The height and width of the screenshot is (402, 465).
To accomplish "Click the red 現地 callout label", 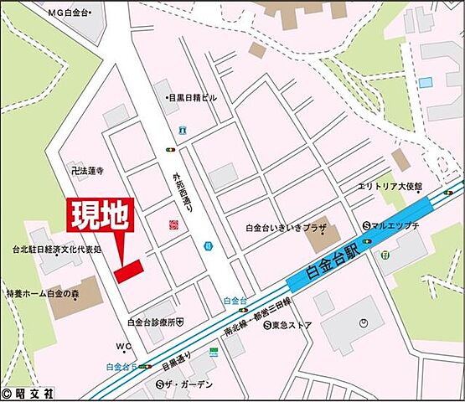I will (98, 216).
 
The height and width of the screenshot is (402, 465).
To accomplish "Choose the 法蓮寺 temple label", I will (88, 170).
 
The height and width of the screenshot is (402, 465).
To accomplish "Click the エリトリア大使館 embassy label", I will (390, 186).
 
